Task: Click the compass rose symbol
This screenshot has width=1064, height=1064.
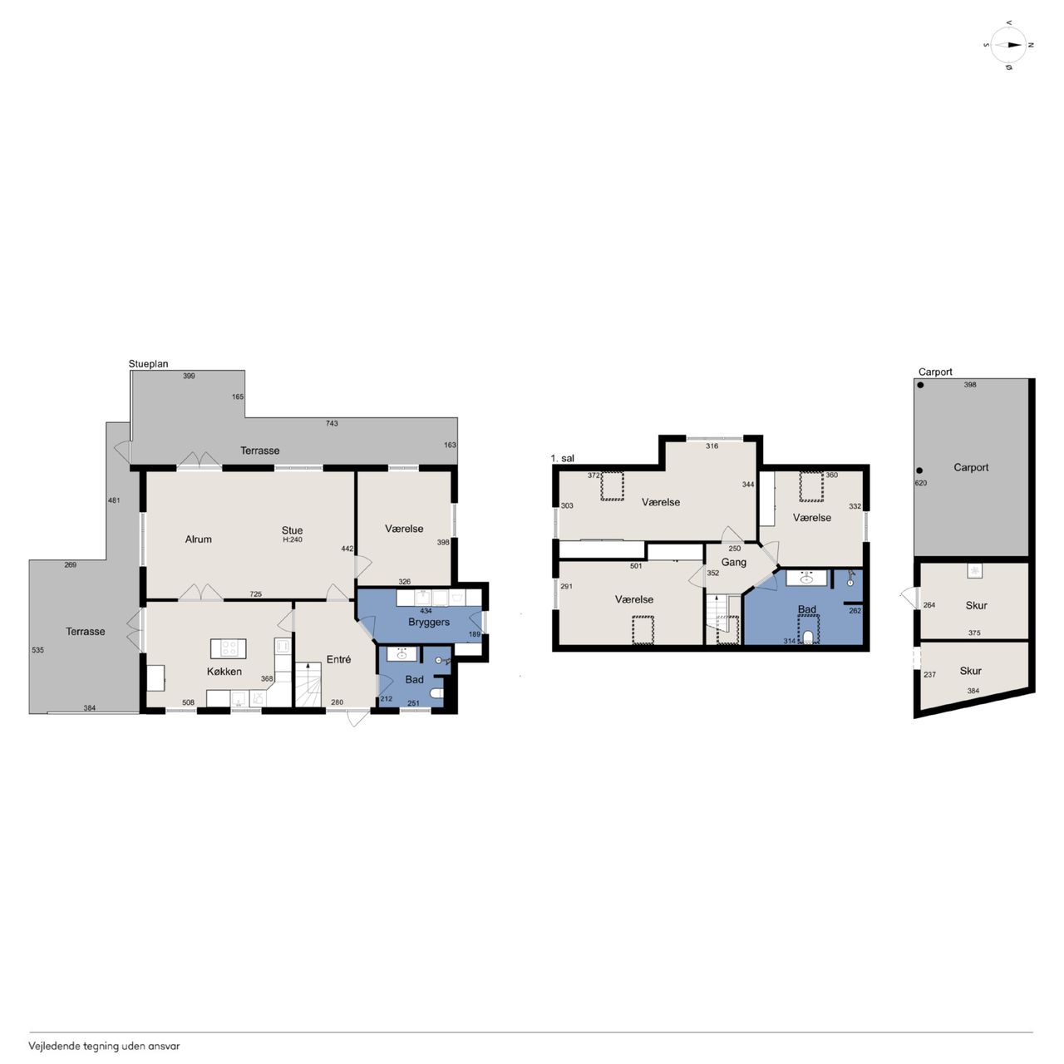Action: coord(1009,46)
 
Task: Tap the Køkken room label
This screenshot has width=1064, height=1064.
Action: coord(224,672)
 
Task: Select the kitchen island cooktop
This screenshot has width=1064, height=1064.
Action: coord(228,648)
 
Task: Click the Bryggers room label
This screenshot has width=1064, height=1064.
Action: coord(428,623)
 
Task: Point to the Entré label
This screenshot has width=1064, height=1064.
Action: coord(338,658)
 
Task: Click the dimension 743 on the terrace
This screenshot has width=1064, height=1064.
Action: coord(332,423)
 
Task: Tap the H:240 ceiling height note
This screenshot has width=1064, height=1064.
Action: coord(292,539)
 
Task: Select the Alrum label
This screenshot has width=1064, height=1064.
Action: coord(198,539)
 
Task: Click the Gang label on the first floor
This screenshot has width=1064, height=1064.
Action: coord(734,562)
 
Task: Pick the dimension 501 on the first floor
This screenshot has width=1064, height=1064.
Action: coord(636,566)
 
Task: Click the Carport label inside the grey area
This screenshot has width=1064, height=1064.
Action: coord(971,467)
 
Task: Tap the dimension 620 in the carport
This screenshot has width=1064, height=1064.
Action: coord(921,483)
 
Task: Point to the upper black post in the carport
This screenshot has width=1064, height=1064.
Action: coord(920,386)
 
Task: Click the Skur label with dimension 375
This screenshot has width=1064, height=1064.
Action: coord(976,605)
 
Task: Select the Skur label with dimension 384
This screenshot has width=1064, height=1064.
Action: coord(970,671)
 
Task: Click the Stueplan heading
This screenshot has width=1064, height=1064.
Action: coord(148,364)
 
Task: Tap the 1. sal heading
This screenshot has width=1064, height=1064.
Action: coord(562,458)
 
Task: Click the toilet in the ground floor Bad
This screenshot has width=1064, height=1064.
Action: coord(436,693)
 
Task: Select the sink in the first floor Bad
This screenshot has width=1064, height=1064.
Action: coord(806,579)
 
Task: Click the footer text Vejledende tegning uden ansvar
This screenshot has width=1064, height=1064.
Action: coord(105,1046)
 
